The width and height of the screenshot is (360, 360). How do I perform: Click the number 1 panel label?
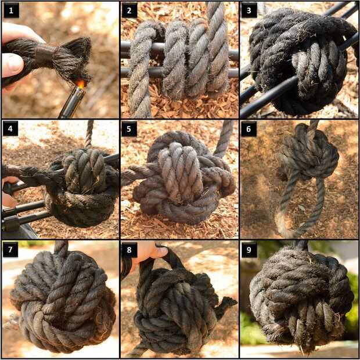click(11, 10)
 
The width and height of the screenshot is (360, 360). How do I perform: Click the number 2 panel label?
click(129, 10)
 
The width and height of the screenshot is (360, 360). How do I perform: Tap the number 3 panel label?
click(249, 10)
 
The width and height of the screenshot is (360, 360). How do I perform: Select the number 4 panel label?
click(10, 128)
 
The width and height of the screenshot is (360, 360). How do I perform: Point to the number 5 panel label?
click(129, 129)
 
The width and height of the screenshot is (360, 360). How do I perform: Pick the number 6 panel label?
click(249, 129)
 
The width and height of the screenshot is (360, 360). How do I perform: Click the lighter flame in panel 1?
click(80, 84)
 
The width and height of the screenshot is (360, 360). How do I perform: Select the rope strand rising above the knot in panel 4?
click(89, 134)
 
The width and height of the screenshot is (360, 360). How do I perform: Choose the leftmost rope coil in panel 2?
click(142, 69)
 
